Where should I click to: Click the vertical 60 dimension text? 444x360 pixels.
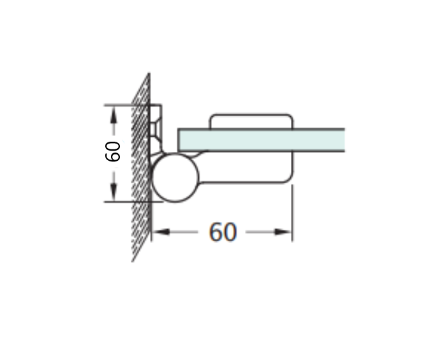[x=113, y=152]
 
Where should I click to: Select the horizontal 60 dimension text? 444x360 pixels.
[x=223, y=232]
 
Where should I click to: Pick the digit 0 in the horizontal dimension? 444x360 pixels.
[x=230, y=232]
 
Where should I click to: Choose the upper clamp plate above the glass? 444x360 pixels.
[x=251, y=121]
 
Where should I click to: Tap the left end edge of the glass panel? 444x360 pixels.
[x=179, y=140]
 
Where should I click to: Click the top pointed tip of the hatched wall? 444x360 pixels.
[x=149, y=74]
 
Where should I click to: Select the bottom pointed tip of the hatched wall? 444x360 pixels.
[x=133, y=260]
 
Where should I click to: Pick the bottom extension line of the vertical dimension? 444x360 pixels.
[x=128, y=202]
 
